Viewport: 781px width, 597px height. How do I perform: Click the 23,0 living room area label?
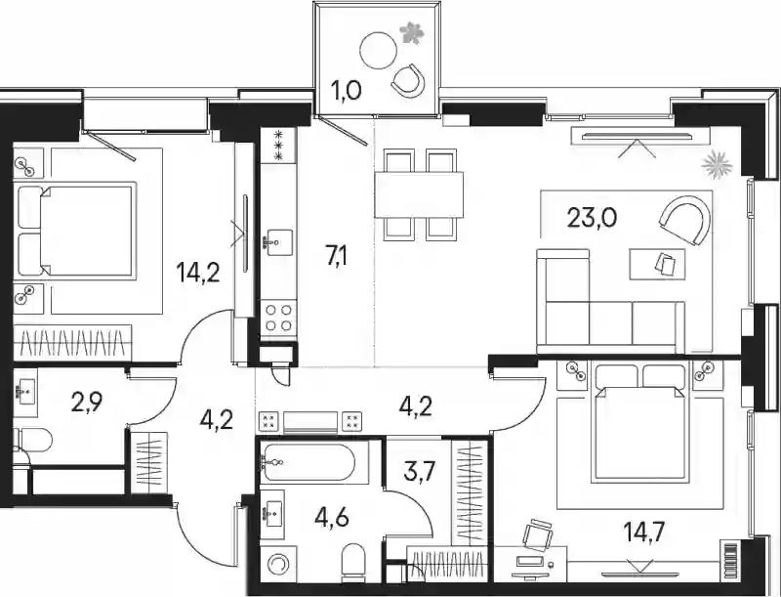tap(593, 218)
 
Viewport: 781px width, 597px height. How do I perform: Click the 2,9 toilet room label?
tap(87, 404)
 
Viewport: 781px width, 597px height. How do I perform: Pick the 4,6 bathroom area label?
tap(331, 518)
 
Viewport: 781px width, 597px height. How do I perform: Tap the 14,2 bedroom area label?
tap(199, 272)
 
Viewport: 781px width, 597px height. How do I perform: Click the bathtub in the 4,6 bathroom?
tap(308, 462)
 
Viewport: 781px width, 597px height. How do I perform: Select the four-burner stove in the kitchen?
tap(278, 318)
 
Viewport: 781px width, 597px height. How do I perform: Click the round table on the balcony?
tap(379, 51)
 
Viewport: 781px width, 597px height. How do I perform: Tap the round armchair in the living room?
tap(684, 220)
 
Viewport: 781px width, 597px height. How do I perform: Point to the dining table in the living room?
tap(419, 194)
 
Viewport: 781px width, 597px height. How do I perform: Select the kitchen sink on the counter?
tap(273, 241)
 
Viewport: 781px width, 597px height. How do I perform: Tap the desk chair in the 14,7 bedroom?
tap(538, 533)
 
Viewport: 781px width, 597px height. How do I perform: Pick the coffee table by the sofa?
tap(657, 264)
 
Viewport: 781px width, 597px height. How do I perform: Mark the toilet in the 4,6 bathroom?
tap(355, 562)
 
